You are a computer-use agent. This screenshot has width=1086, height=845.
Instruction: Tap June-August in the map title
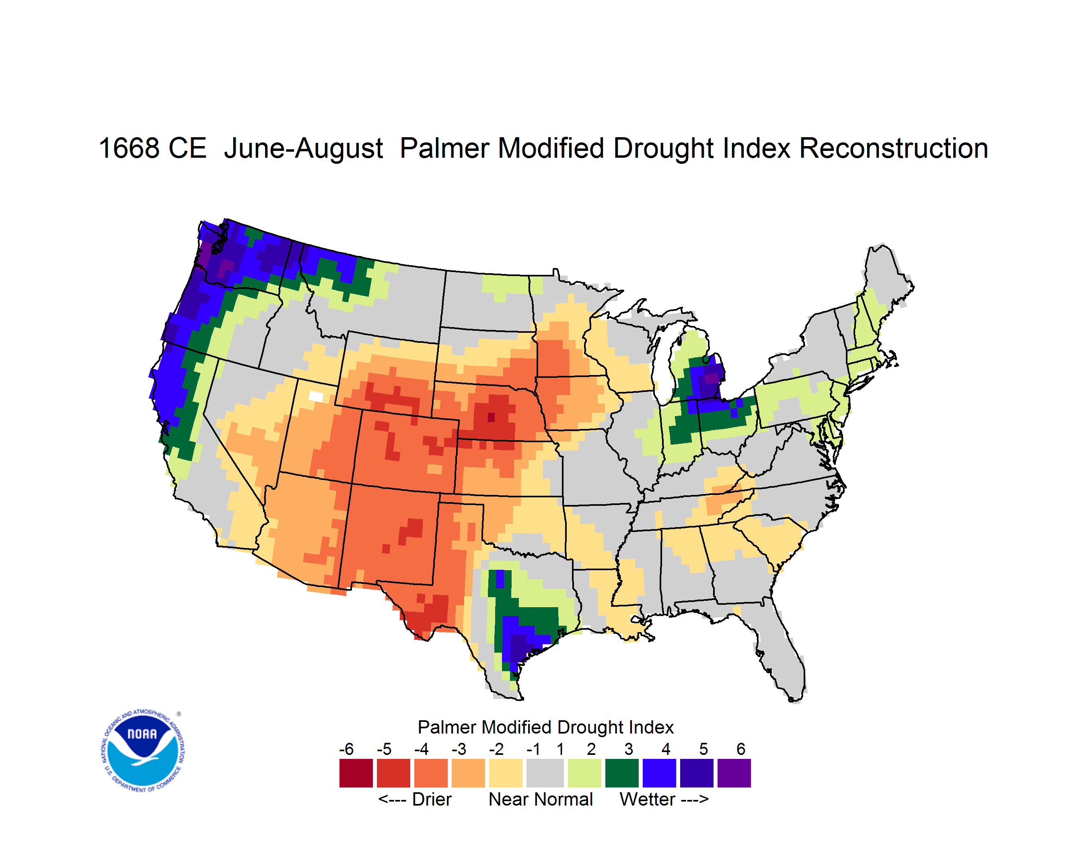coord(303,149)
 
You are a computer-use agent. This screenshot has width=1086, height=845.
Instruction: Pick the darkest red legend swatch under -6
coord(356,773)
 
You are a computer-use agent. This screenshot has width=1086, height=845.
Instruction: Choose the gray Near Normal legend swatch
coord(545,773)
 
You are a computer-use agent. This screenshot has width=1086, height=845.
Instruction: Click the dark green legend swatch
coord(621,773)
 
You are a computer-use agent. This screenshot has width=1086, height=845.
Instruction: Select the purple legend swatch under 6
coord(734,773)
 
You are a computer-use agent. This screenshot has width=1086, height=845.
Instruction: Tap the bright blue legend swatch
coord(659,773)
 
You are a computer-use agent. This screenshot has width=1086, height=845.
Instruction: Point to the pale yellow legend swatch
coord(506,773)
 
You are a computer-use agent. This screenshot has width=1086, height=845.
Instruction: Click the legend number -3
coord(459,748)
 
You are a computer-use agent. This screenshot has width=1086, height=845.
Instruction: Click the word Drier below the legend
coord(432,799)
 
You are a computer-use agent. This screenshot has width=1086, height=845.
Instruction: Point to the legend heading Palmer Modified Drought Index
coord(545,727)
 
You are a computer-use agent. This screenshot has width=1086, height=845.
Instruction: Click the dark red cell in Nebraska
coord(491,417)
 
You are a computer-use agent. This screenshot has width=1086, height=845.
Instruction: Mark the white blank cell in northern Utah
coord(316,396)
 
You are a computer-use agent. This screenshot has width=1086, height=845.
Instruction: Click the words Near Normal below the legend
coord(541,799)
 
